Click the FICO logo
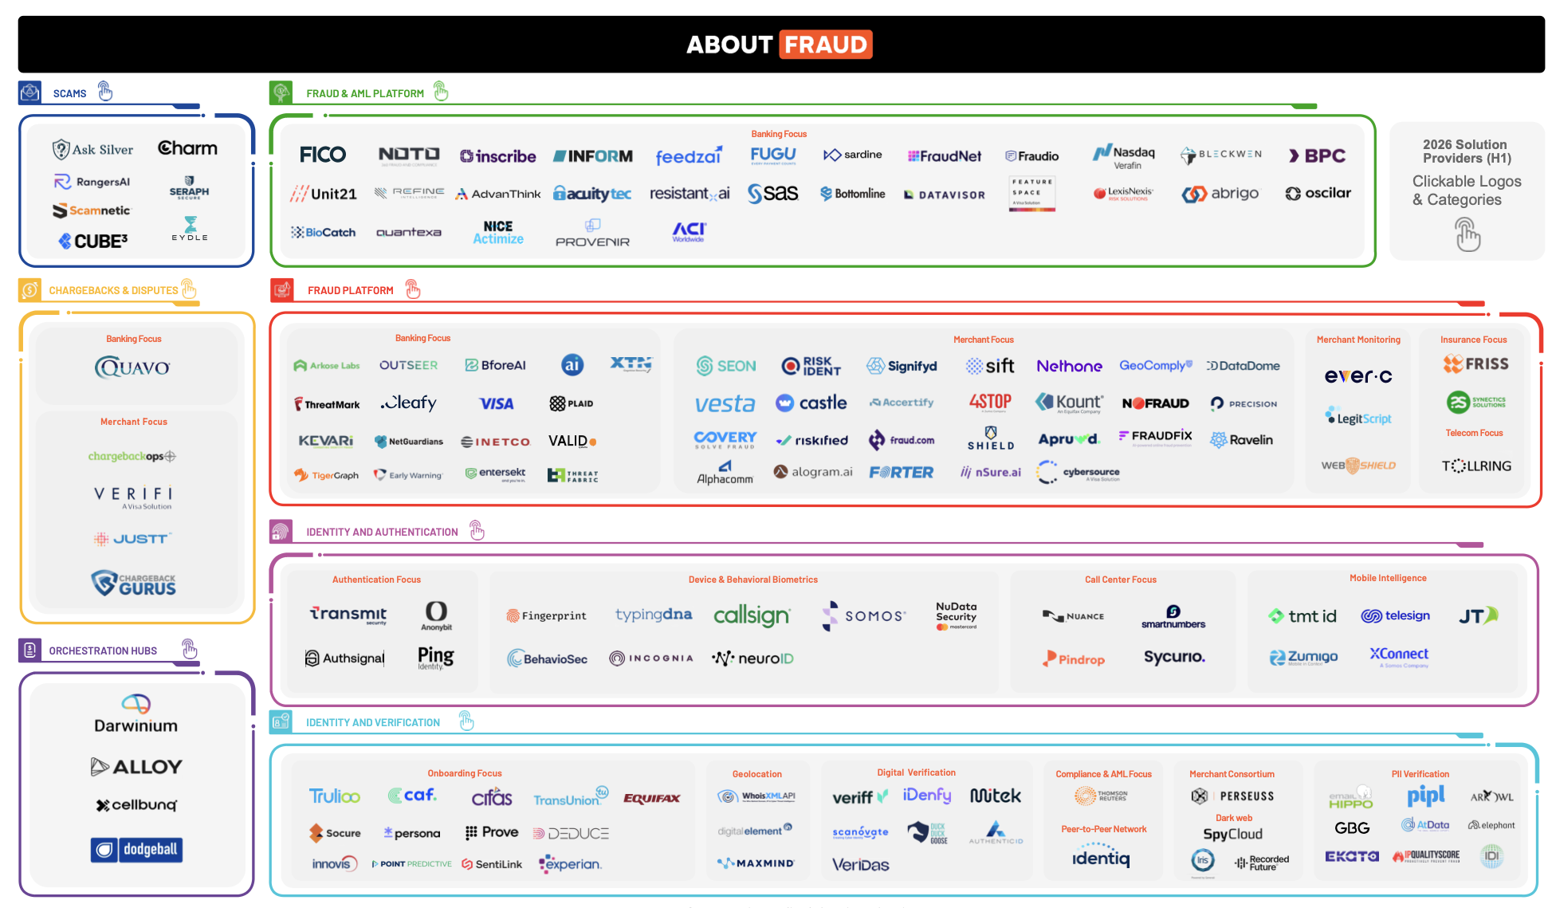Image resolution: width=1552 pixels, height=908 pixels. pyautogui.click(x=322, y=155)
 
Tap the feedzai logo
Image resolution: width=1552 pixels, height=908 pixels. pyautogui.click(x=688, y=156)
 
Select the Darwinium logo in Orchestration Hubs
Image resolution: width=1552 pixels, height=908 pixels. pyautogui.click(x=136, y=714)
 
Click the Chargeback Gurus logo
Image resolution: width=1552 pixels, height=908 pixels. pyautogui.click(x=133, y=584)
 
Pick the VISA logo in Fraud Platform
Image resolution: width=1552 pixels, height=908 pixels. pyautogui.click(x=496, y=403)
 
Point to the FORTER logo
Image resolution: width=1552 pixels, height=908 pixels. pyautogui.click(x=901, y=472)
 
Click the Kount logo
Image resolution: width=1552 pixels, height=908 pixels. pyautogui.click(x=1069, y=403)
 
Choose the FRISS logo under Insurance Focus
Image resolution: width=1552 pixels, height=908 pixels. pyautogui.click(x=1475, y=364)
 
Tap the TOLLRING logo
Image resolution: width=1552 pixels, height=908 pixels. pyautogui.click(x=1475, y=466)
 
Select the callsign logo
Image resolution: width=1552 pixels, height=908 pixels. pyautogui.click(x=751, y=615)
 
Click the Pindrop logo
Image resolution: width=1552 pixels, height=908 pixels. pyautogui.click(x=1074, y=659)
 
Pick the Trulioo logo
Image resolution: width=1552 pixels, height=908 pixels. pyautogui.click(x=334, y=796)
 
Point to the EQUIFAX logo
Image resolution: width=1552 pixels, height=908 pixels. pyautogui.click(x=651, y=798)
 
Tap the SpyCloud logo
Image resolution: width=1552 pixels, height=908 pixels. pyautogui.click(x=1232, y=834)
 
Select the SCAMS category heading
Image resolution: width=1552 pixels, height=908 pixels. pyautogui.click(x=69, y=94)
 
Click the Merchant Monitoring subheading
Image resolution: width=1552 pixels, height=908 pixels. pyautogui.click(x=1358, y=340)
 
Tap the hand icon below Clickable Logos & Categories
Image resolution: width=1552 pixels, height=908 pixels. pyautogui.click(x=1467, y=235)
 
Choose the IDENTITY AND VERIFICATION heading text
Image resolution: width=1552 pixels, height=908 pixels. pyautogui.click(x=372, y=723)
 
